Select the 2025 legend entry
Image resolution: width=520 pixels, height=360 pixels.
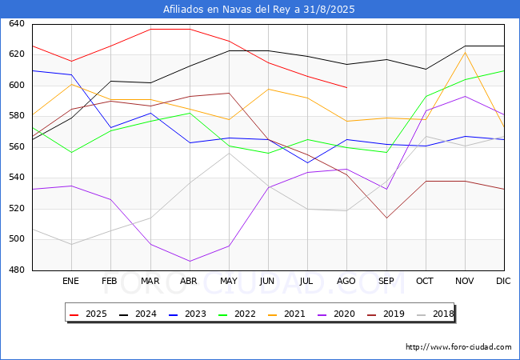click(88, 314)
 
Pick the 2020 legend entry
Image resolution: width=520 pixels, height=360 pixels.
click(336, 314)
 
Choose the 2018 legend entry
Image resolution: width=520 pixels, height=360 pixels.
click(435, 314)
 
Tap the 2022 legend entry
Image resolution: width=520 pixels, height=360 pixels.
click(237, 314)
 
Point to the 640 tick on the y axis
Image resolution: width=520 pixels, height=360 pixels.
click(17, 23)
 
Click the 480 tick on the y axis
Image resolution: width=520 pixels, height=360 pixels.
click(17, 270)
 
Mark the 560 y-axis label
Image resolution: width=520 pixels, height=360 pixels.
click(17, 147)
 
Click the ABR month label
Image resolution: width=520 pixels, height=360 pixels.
click(189, 281)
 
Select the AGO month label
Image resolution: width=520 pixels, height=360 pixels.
click(346, 281)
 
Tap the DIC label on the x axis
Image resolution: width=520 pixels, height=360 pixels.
click(503, 281)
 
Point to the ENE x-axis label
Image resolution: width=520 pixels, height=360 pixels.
click(70, 281)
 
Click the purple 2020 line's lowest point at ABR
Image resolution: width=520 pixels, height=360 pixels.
click(190, 262)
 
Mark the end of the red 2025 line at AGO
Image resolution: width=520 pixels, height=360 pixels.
click(347, 87)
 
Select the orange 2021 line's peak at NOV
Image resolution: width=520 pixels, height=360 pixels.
click(466, 52)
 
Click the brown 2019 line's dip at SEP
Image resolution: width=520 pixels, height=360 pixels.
click(386, 218)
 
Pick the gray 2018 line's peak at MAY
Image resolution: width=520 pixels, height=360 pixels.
click(229, 153)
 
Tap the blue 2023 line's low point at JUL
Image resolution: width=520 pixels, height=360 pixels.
click(308, 162)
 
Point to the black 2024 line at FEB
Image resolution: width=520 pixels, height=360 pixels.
click(110, 81)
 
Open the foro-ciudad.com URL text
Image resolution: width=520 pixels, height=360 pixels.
click(458, 346)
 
